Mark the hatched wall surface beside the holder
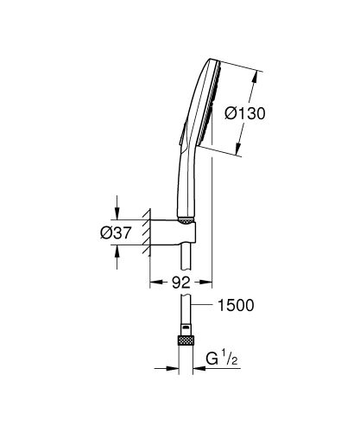click(x=148, y=232)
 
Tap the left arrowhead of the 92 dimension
click(x=155, y=281)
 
